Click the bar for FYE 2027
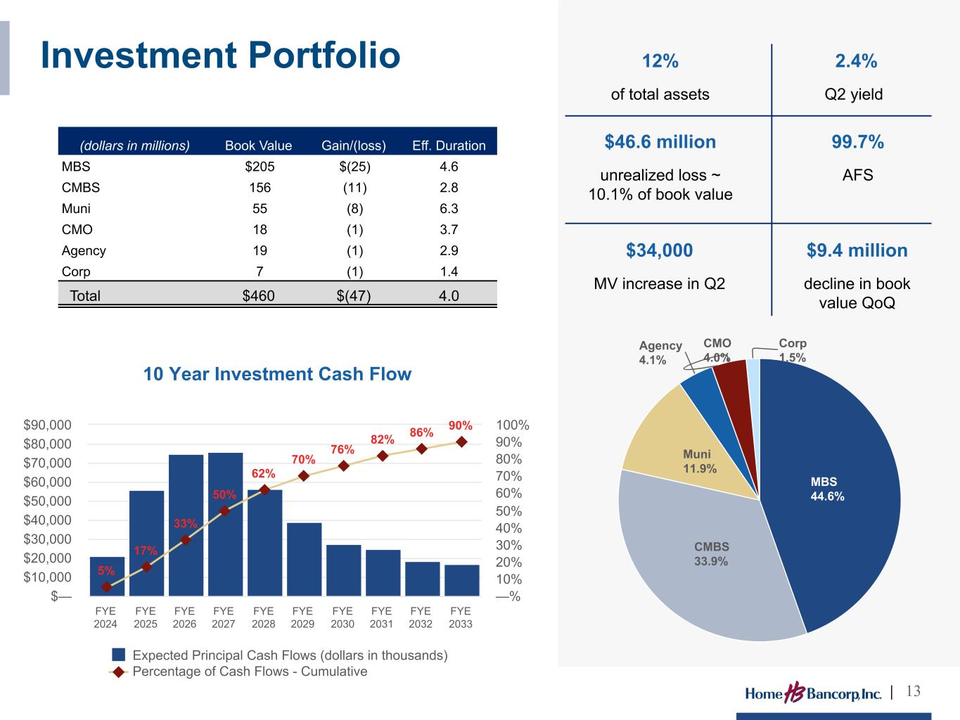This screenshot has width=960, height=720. pyautogui.click(x=225, y=524)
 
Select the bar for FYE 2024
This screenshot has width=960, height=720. pyautogui.click(x=107, y=576)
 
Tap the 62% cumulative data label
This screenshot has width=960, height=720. pyautogui.click(x=263, y=473)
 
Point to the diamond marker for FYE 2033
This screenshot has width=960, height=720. pyautogui.click(x=461, y=442)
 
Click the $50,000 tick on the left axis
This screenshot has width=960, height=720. pyautogui.click(x=47, y=501)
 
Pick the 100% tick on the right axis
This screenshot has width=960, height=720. pyautogui.click(x=513, y=425)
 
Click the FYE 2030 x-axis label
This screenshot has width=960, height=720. pyautogui.click(x=343, y=617)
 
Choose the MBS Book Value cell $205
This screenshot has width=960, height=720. pyautogui.click(x=260, y=167)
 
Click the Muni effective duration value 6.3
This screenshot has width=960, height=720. pyautogui.click(x=449, y=209)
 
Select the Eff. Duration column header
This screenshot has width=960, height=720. pyautogui.click(x=449, y=146)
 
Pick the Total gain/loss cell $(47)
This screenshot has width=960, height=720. pyautogui.click(x=353, y=296)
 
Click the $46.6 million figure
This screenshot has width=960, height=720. pyautogui.click(x=660, y=141)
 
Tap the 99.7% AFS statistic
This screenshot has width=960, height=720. pyautogui.click(x=857, y=141)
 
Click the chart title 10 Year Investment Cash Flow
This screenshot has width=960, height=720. pyautogui.click(x=277, y=374)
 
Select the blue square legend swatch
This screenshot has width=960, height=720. pyautogui.click(x=119, y=655)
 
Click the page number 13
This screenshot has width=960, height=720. pyautogui.click(x=913, y=691)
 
